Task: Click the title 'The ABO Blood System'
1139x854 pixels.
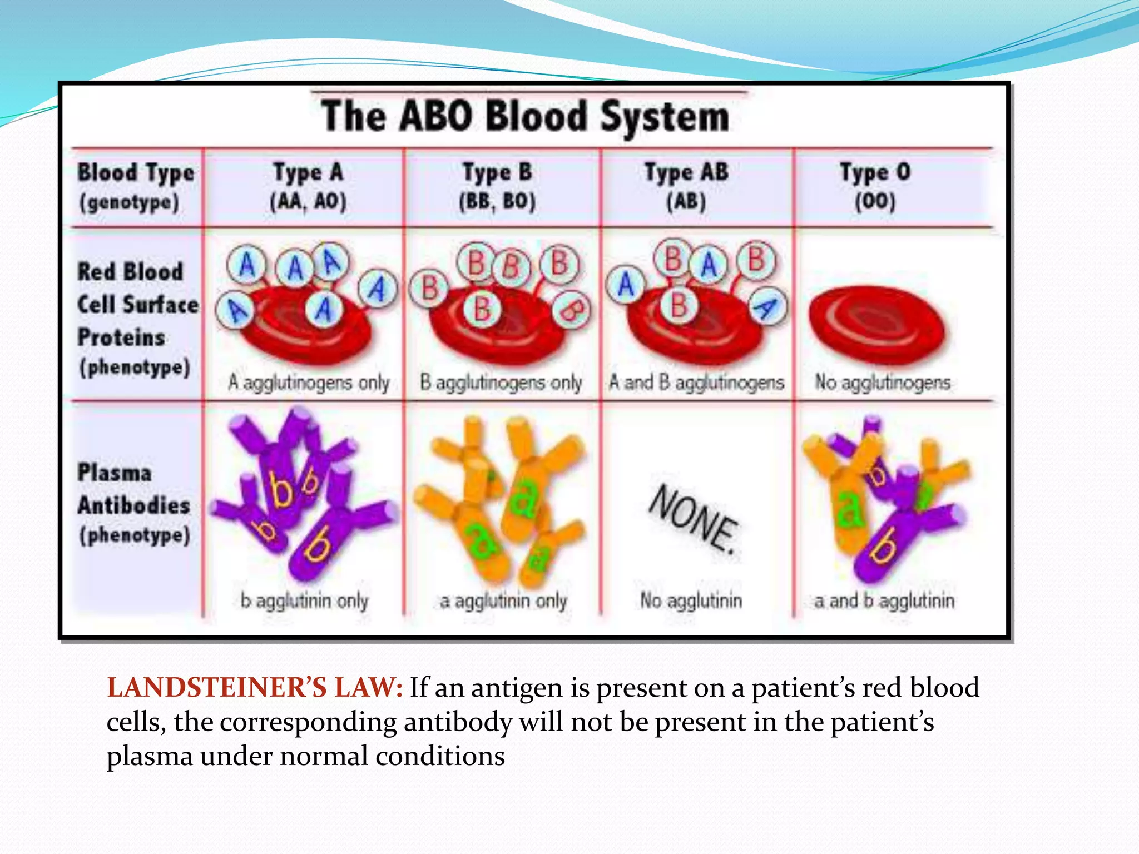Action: [x=525, y=116]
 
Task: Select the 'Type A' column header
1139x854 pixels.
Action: [x=308, y=172]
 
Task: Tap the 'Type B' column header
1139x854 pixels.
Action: [x=497, y=172]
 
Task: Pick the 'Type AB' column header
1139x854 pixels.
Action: [x=686, y=172]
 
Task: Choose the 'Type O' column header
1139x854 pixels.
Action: [x=875, y=172]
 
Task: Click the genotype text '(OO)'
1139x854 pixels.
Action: [x=875, y=201]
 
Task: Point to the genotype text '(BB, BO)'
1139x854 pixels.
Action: [x=497, y=201]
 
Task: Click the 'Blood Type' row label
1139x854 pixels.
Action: [x=136, y=172]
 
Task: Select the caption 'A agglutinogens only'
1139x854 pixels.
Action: [x=309, y=383]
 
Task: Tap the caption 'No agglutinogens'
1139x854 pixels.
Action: [x=883, y=383]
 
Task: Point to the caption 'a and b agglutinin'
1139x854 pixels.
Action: [x=884, y=601]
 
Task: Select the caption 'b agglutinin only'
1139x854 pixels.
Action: [x=304, y=601]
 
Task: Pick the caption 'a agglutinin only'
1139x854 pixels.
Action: [x=503, y=601]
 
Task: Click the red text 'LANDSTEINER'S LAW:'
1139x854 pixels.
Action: [x=255, y=688]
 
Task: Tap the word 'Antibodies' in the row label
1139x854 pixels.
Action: [x=134, y=505]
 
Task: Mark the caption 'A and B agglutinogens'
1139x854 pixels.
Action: [x=696, y=383]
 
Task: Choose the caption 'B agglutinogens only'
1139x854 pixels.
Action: [x=501, y=383]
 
